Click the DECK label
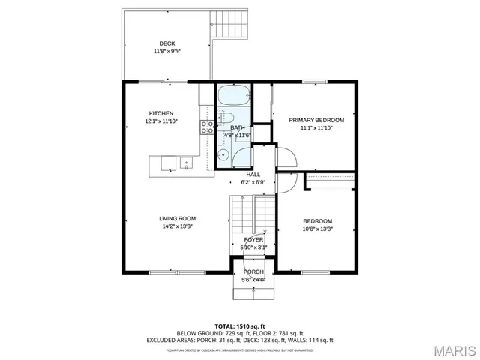point(166,43)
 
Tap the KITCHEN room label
point(160,113)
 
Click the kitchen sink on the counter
point(184,163)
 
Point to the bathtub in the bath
point(234,95)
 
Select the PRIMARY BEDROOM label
point(316,120)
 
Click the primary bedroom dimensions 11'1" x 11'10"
point(316,128)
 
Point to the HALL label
point(253,174)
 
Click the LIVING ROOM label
point(177,218)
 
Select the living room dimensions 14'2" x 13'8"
point(177,226)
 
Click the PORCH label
point(253,271)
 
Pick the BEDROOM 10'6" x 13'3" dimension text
point(317,229)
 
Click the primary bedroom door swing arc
point(288,155)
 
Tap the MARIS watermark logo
point(453,349)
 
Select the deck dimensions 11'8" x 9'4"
point(166,51)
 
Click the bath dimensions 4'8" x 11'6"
point(238,135)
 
